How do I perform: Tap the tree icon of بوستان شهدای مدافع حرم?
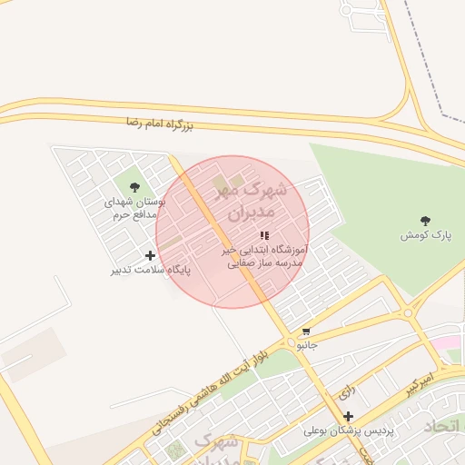134,187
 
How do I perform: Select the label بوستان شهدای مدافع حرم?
132,209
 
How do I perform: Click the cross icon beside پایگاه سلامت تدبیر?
150,255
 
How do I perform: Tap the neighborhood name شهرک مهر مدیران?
249,203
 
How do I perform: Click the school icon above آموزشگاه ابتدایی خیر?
264,235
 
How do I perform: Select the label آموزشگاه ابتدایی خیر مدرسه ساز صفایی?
265,255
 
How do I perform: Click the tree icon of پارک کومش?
424,221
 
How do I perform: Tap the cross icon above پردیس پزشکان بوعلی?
348,416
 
